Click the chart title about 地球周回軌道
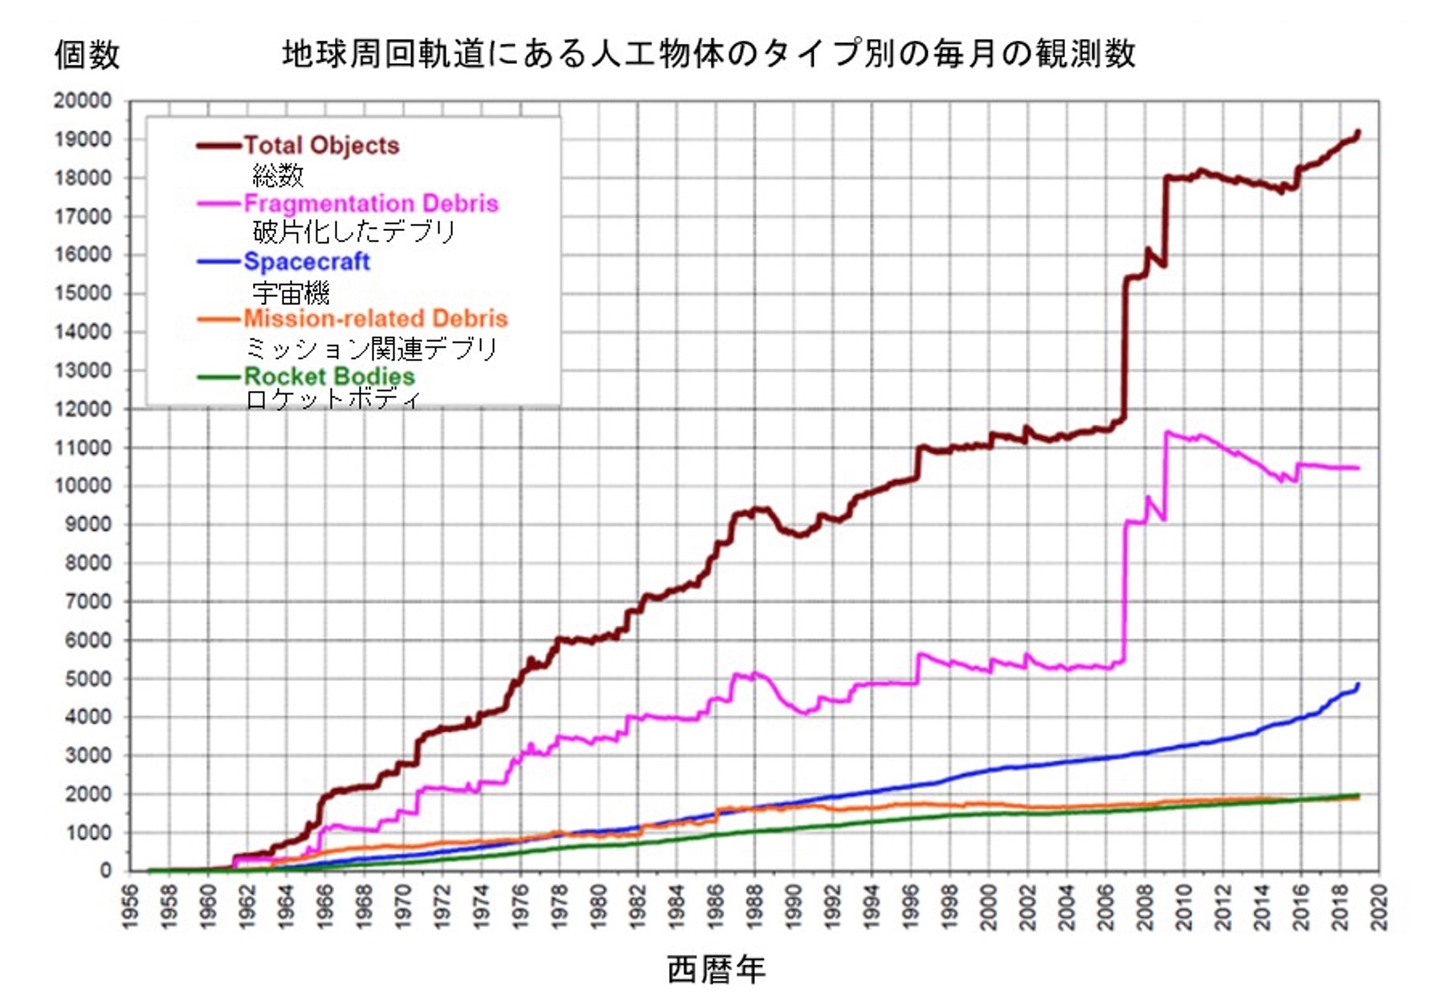pos(708,54)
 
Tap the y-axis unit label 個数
pos(86,55)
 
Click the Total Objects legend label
pos(321,145)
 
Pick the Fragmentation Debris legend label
pos(371,203)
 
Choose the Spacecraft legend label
pos(307,261)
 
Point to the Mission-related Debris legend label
pos(375,319)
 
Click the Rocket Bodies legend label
pos(329,376)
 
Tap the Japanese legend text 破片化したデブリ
pos(354,232)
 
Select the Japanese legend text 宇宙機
pos(291,293)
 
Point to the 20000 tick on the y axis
pos(82,101)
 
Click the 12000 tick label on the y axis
pos(82,409)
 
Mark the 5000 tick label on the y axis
pos(88,679)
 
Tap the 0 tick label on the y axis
pos(106,871)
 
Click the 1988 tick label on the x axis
pos(755,906)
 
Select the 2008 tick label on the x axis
pos(1145,906)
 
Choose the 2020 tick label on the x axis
pos(1379,906)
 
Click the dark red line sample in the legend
pos(218,146)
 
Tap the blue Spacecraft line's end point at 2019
pos(1357,685)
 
